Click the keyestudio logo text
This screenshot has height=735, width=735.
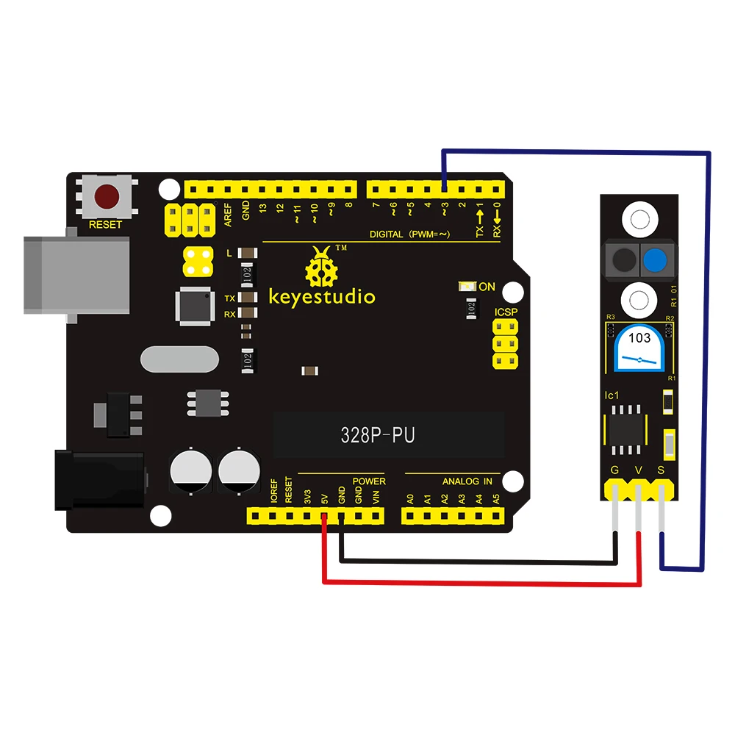click(x=322, y=297)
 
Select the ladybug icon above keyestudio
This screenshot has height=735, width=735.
click(x=321, y=268)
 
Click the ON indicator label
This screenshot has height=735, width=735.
click(x=487, y=287)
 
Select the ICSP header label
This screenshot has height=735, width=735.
click(x=506, y=313)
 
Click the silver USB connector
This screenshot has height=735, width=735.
click(x=51, y=274)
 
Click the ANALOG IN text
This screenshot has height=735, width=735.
click(x=467, y=481)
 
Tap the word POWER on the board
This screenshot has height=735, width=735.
click(x=369, y=481)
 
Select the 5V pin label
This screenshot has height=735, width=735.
click(x=324, y=498)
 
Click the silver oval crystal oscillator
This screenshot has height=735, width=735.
click(x=178, y=360)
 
